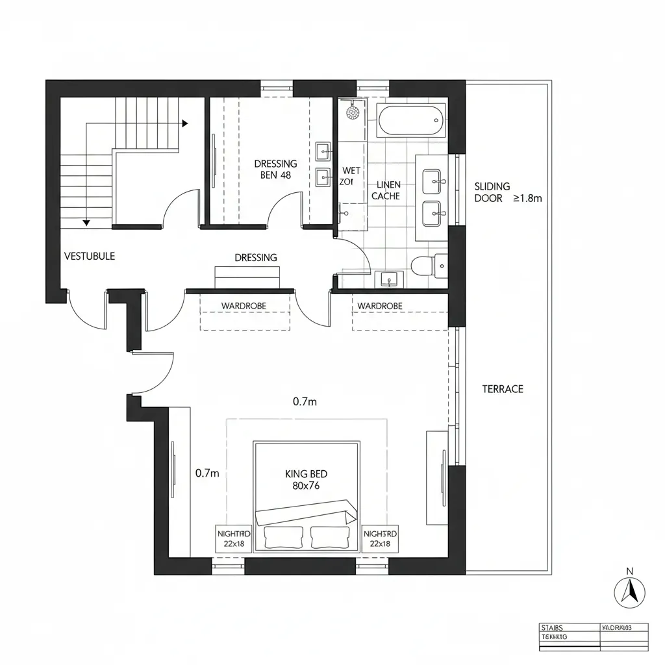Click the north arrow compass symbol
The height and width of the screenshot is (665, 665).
629,591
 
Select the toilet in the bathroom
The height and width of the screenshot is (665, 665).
429,265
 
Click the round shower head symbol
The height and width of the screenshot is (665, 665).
353,112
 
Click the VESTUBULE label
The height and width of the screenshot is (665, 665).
90,256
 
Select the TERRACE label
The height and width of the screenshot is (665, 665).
503,389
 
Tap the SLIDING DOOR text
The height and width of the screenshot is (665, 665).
492,192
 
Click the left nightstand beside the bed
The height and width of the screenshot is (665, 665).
233,538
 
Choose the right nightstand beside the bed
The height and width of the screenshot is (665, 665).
380,538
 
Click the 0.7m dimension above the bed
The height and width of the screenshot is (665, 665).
305,402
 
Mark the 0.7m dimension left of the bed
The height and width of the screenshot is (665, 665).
207,473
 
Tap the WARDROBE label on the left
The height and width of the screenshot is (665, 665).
244,306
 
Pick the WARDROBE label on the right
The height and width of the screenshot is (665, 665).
380,306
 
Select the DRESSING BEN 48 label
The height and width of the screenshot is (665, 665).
275,169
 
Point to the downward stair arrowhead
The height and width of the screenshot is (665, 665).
86,223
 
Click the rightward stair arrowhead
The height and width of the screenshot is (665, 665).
185,123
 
